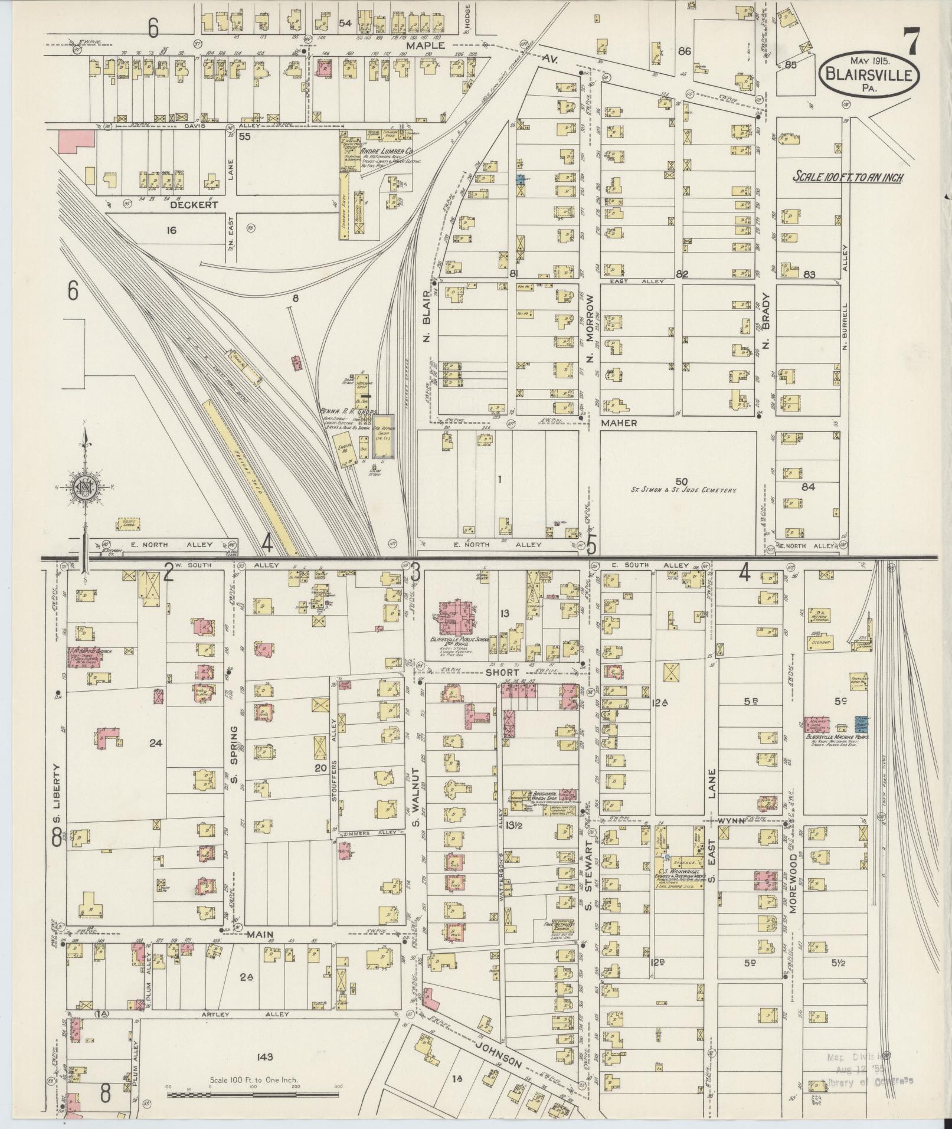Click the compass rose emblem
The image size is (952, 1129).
(85, 487)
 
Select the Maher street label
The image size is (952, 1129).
(619, 423)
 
